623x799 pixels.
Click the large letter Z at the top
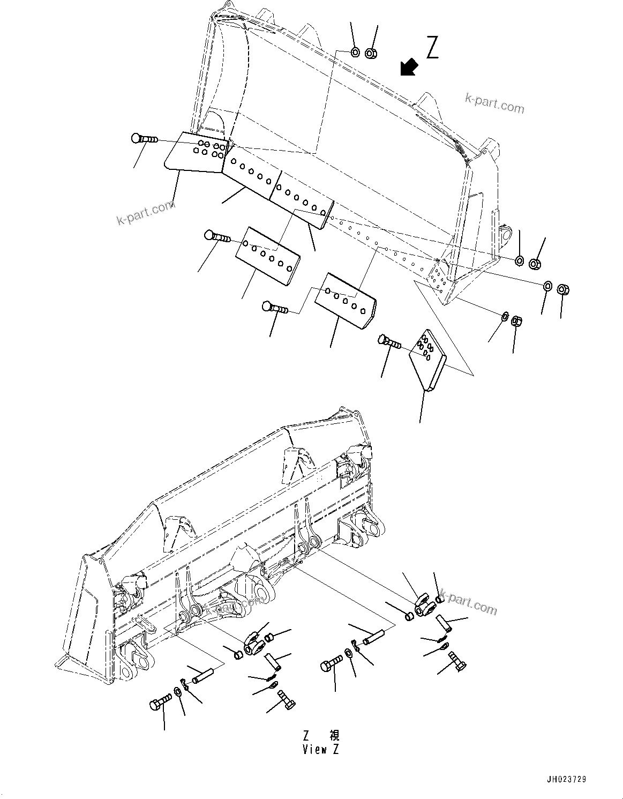click(x=432, y=47)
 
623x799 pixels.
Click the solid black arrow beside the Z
click(x=409, y=68)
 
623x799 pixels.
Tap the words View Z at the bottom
click(x=320, y=750)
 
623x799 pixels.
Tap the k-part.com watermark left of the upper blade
click(x=146, y=213)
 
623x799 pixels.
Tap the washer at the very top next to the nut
click(x=355, y=52)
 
